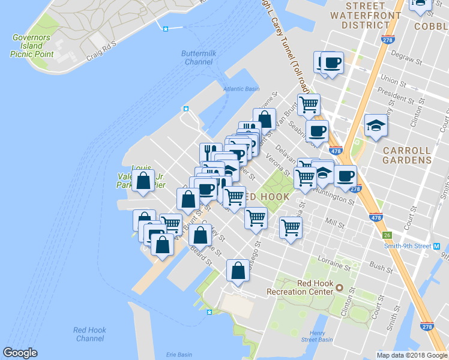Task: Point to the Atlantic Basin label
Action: point(241,89)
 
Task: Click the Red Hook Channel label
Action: point(89,334)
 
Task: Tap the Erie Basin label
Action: point(178,355)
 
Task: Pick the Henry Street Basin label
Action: point(318,337)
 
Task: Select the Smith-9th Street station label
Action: point(408,246)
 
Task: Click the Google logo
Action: point(20,353)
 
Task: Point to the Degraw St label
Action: point(403,59)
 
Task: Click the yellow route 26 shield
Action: point(388,235)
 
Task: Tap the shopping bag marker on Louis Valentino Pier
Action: point(143,181)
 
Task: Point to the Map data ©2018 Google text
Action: point(412,355)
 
